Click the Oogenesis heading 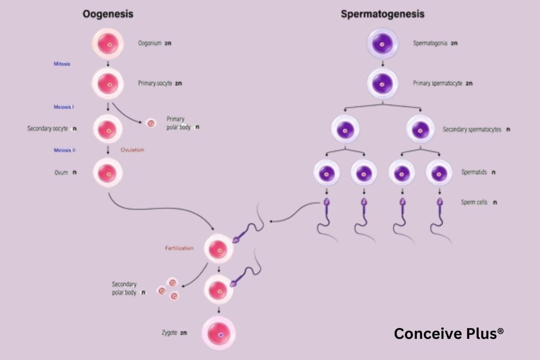click(x=108, y=14)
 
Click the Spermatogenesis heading click(x=382, y=14)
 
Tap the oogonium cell click(x=108, y=44)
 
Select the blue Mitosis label click(x=62, y=64)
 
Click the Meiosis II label click(x=63, y=150)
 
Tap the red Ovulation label click(x=132, y=150)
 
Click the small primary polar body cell click(x=151, y=123)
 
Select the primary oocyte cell click(x=108, y=84)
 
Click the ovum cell click(x=108, y=172)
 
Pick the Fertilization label click(x=179, y=248)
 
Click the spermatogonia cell click(x=382, y=44)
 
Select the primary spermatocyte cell click(x=382, y=84)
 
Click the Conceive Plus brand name click(x=449, y=333)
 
